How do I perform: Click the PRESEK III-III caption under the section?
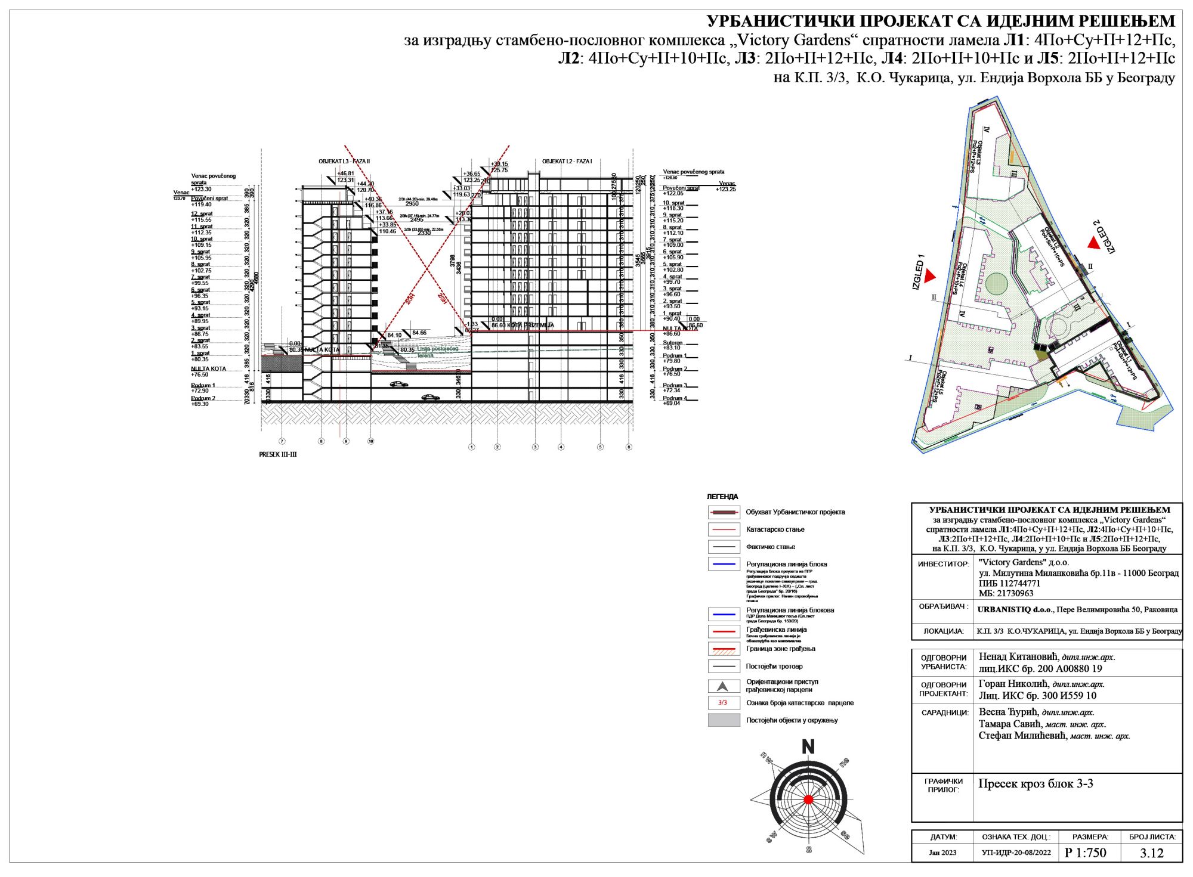277,454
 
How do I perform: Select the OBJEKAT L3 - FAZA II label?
344,162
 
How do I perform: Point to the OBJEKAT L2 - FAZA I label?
567,162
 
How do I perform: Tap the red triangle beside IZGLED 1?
930,276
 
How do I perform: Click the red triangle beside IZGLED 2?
1093,242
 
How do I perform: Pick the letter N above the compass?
808,747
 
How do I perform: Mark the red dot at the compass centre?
808,799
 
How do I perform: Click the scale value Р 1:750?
1085,853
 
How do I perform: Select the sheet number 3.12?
1151,853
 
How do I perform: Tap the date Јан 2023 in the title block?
942,853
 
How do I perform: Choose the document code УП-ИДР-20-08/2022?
1016,853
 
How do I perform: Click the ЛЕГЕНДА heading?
722,497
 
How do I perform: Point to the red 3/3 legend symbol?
723,703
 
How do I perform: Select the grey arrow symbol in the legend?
723,686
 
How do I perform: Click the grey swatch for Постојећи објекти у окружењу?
724,720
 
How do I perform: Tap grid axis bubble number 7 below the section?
282,442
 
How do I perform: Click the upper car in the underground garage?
399,384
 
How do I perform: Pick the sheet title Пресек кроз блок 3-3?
1036,784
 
